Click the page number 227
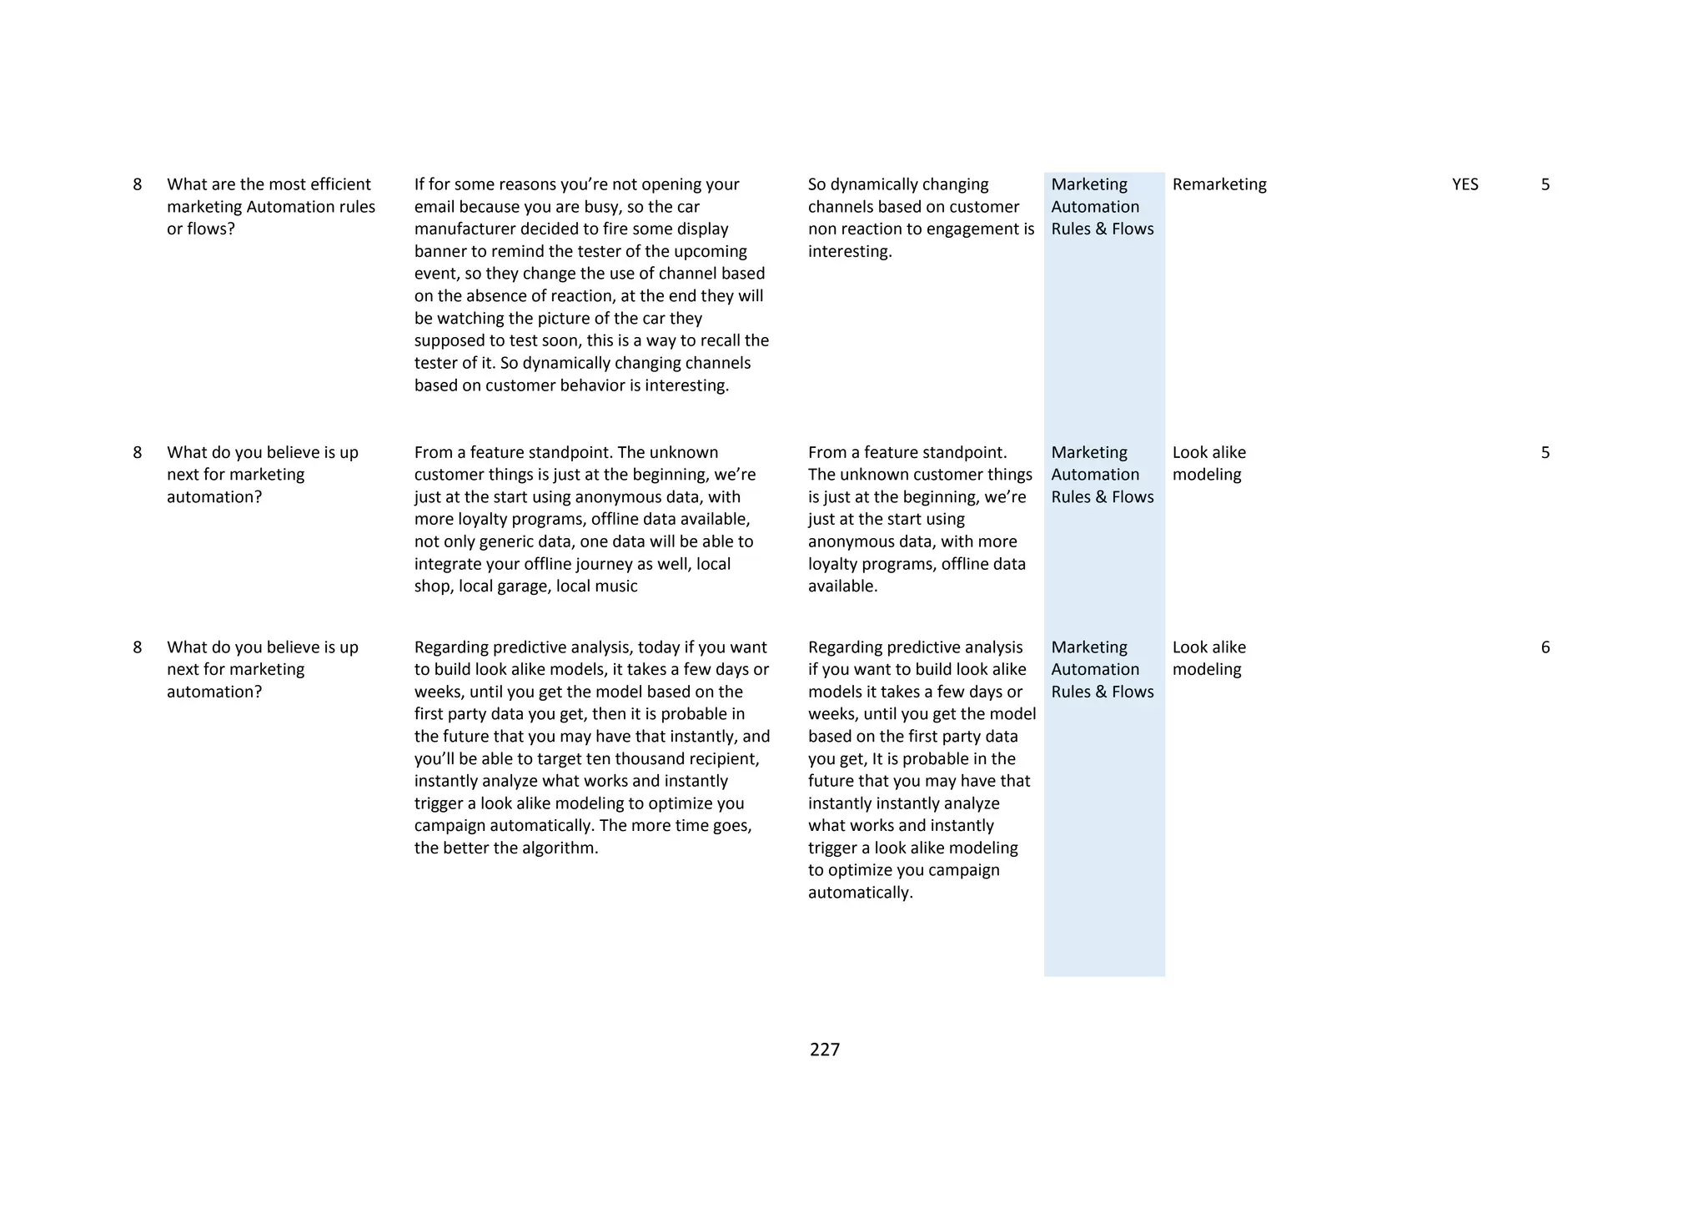coord(824,1049)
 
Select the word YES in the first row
coord(1464,184)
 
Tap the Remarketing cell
coord(1218,184)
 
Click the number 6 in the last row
coord(1545,647)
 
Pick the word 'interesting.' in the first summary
coord(850,252)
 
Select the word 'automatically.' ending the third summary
coord(860,893)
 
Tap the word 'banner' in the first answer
coord(441,252)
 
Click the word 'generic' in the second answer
coord(508,541)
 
